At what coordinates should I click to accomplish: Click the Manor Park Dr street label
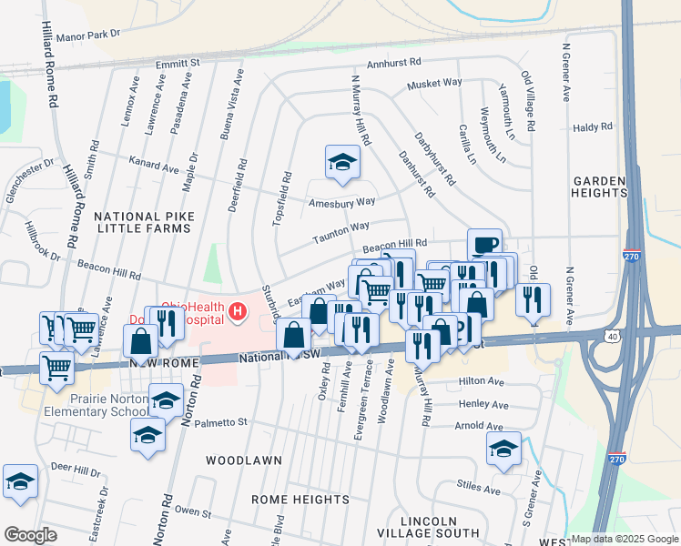pyautogui.click(x=88, y=35)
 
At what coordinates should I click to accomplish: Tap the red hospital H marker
pyautogui.click(x=238, y=312)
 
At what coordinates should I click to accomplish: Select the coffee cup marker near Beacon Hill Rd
pyautogui.click(x=484, y=244)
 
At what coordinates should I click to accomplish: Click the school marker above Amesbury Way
pyautogui.click(x=341, y=162)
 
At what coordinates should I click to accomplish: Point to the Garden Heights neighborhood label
pyautogui.click(x=599, y=187)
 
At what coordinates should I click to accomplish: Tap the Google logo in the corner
pyautogui.click(x=29, y=535)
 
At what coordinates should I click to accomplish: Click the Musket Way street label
pyautogui.click(x=435, y=83)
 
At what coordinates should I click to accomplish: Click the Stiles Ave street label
pyautogui.click(x=479, y=490)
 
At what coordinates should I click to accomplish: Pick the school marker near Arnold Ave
pyautogui.click(x=503, y=448)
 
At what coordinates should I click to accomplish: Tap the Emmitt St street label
pyautogui.click(x=178, y=64)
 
